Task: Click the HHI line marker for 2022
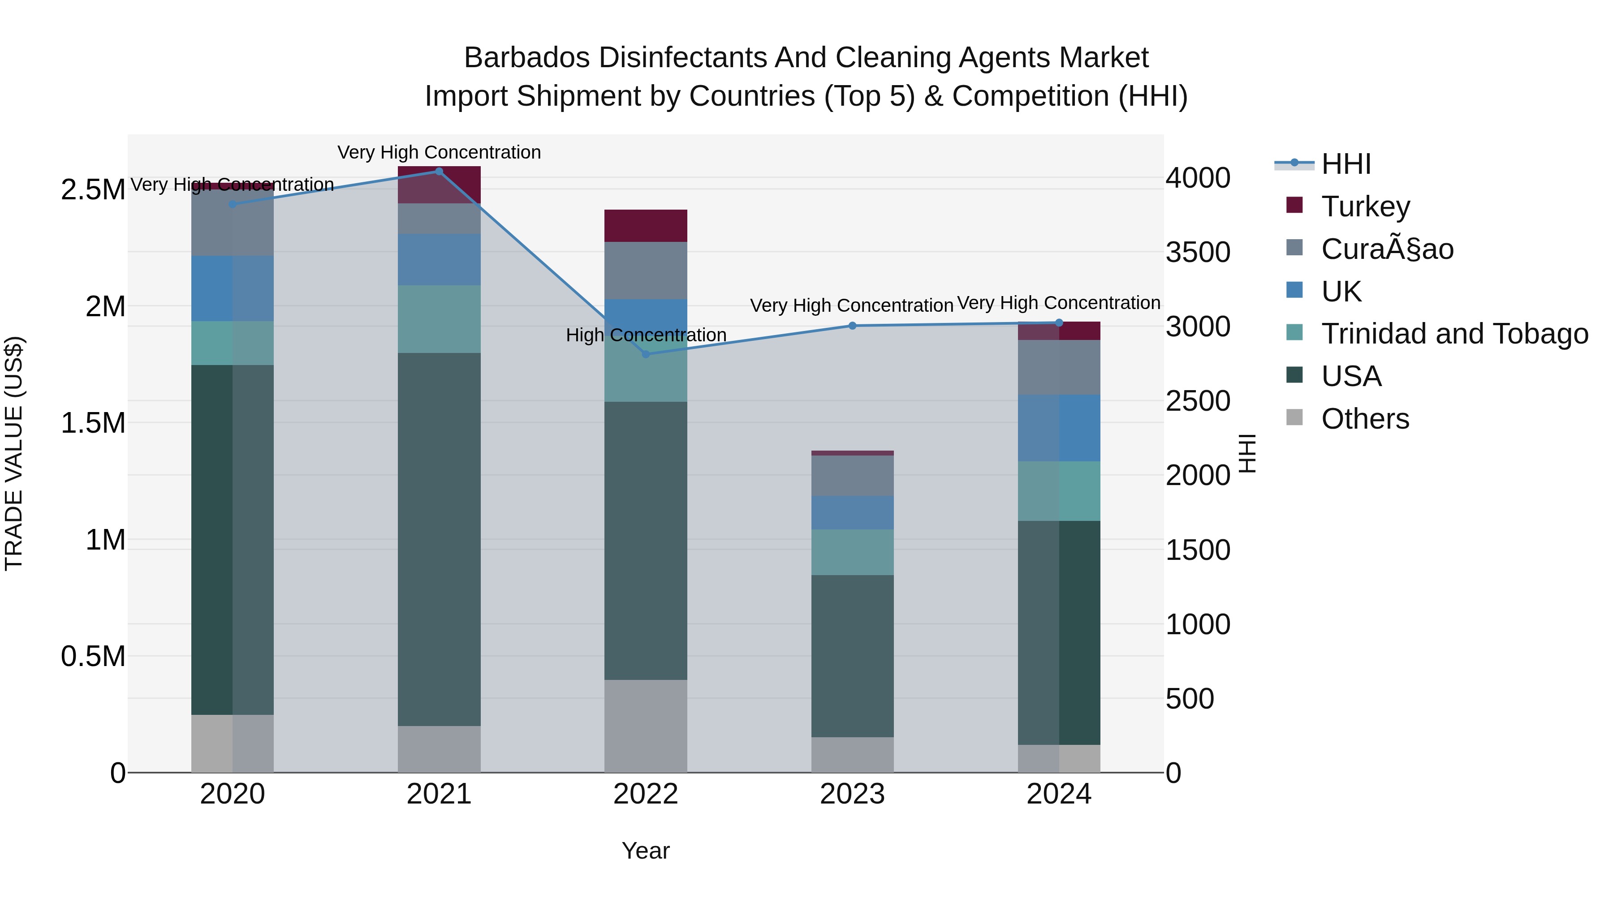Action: coord(646,354)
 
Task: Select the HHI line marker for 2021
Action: coord(439,172)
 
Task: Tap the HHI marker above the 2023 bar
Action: coord(852,326)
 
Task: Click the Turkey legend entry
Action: coord(1365,206)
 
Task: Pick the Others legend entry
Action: coord(1365,419)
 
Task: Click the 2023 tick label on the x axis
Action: coord(852,794)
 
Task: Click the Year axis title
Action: coord(646,851)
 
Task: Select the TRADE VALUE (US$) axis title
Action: coord(14,453)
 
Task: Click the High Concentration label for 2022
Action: coord(646,335)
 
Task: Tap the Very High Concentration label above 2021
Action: coord(439,152)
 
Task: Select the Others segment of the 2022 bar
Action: coord(646,726)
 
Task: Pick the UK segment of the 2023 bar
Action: coord(852,513)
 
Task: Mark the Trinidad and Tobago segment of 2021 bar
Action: coord(439,319)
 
